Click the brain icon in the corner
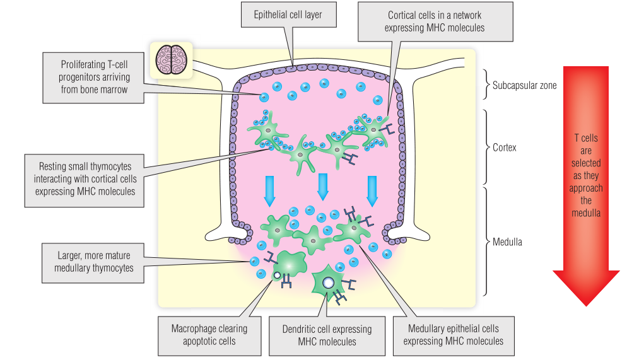coord(170,61)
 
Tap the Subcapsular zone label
coord(525,86)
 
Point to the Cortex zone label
coord(505,148)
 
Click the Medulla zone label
coord(507,241)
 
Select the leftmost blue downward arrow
coord(269,190)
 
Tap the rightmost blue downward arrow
coord(372,190)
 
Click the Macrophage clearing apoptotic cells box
coord(209,334)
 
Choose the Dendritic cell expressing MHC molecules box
coord(326,335)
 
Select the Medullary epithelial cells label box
coord(453,334)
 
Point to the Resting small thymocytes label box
coord(88,179)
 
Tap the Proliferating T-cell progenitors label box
coord(94,77)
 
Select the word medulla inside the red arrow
coord(587,212)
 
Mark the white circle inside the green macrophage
coord(276,276)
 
